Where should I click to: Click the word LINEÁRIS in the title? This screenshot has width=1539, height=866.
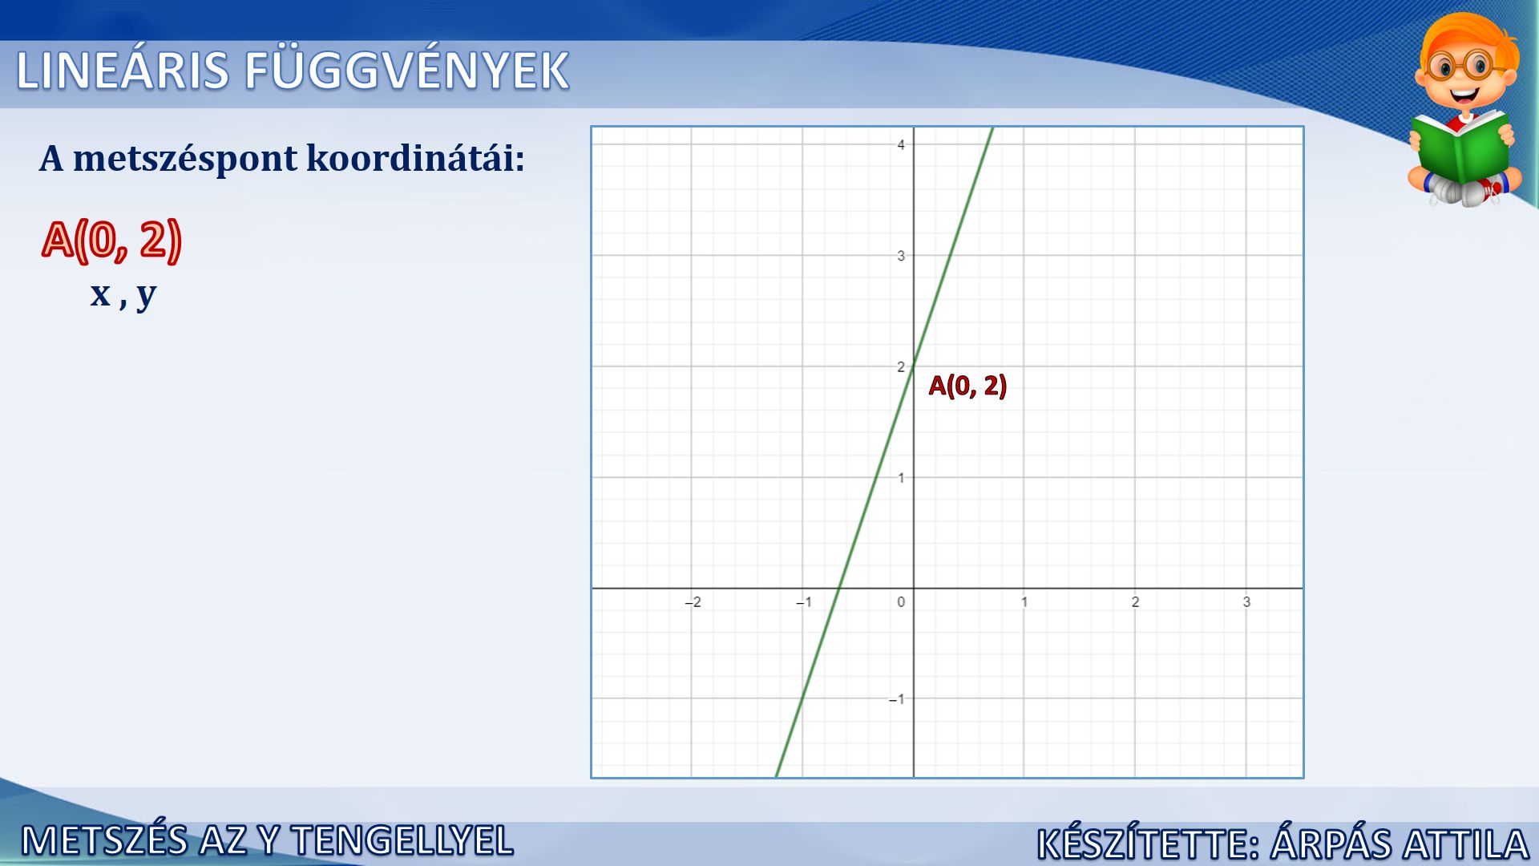point(123,71)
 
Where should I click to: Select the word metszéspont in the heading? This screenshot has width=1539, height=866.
point(185,160)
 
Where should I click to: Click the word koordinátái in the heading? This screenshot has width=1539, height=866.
point(415,158)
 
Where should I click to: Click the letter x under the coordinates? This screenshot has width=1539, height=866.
point(100,294)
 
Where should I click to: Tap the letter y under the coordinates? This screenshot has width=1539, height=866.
point(146,296)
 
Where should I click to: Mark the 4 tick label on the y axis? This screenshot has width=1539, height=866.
point(901,145)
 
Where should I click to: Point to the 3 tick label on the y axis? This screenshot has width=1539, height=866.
point(901,256)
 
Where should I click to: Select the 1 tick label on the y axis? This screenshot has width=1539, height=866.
point(901,478)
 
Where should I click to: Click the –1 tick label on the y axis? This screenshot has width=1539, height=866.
point(897,699)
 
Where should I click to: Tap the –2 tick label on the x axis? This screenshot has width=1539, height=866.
point(693,602)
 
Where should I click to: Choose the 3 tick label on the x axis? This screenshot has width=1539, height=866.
point(1246,602)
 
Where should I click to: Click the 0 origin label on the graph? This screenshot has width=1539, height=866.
point(901,602)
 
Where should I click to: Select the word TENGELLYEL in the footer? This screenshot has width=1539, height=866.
point(402,840)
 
